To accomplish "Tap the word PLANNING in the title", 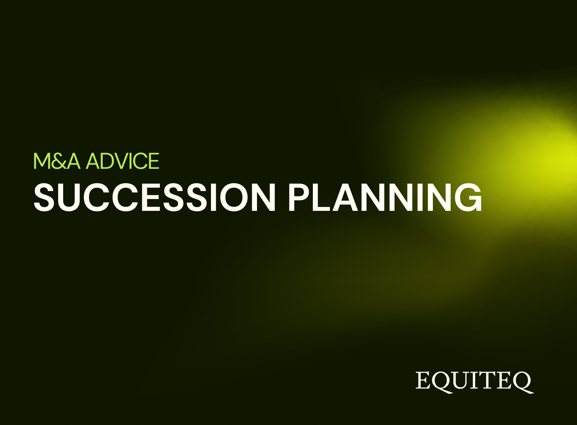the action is [385, 197].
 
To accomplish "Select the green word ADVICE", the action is [122, 161].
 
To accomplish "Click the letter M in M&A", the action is [42, 161].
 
